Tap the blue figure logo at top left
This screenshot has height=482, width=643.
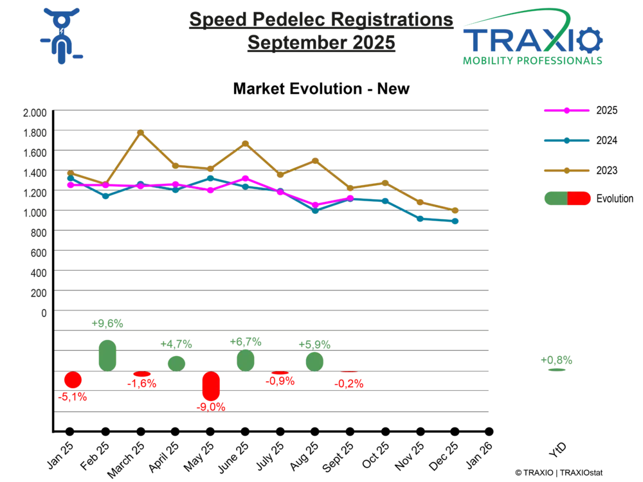click(x=61, y=35)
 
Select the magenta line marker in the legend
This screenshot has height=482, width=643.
click(x=566, y=111)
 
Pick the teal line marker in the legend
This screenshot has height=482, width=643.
click(x=566, y=140)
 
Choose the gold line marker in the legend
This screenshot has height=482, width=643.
click(x=566, y=170)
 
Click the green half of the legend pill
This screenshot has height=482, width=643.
click(x=555, y=198)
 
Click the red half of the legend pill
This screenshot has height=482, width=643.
click(x=579, y=198)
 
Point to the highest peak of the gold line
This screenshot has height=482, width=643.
click(x=141, y=132)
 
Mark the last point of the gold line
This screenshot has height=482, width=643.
click(x=455, y=210)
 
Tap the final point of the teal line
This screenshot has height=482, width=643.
click(x=456, y=221)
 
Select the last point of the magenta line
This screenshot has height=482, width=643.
click(x=350, y=197)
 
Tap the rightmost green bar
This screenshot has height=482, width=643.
click(x=314, y=361)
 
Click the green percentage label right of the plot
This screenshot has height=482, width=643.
click(x=557, y=360)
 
